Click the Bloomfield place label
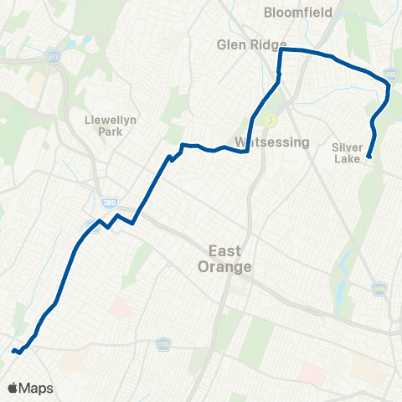(297, 13)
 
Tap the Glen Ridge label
(250, 44)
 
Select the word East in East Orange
(225, 250)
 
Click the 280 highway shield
(109, 203)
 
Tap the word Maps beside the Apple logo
(37, 388)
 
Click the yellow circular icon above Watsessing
(270, 120)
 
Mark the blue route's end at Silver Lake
(369, 155)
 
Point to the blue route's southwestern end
(14, 351)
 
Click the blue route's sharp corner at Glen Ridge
(280, 50)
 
